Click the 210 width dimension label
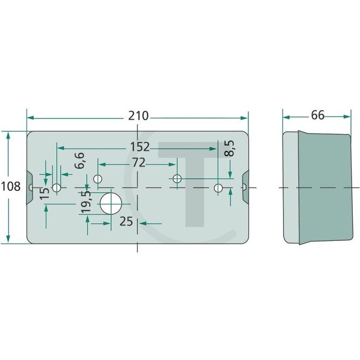(138, 116)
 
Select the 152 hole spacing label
(140, 147)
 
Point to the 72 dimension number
(138, 163)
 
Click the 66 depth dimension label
(317, 115)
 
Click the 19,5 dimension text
(85, 203)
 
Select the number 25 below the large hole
(126, 222)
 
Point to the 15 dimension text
(45, 192)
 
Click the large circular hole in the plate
(110, 203)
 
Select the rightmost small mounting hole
(218, 188)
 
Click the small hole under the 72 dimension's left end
(98, 179)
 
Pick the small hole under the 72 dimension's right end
(177, 179)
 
